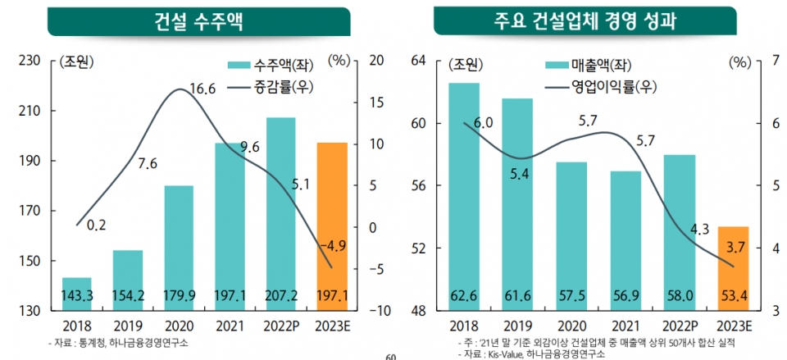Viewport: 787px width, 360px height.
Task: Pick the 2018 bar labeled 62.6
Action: pyautogui.click(x=464, y=197)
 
